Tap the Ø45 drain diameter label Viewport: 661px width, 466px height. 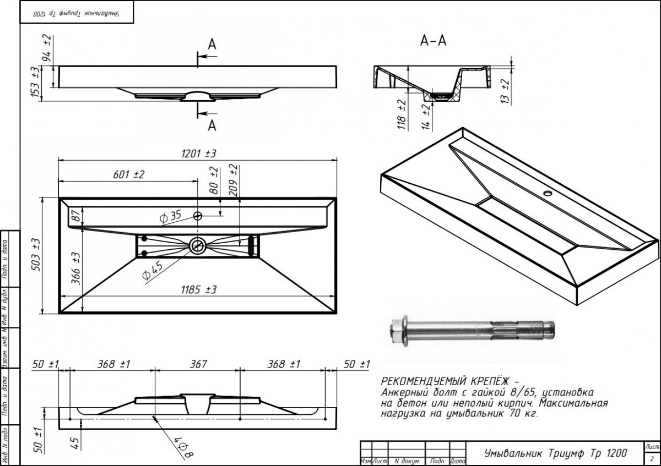tap(152, 271)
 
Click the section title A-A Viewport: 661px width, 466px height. tap(433, 41)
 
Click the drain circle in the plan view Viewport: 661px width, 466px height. tap(197, 245)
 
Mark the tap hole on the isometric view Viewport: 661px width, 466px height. tap(548, 194)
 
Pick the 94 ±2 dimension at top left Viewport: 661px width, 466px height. tap(47, 47)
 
